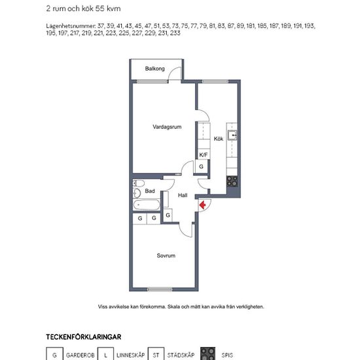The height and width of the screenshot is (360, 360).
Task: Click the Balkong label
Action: [x=154, y=69]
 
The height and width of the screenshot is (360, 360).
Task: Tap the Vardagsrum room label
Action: [x=167, y=127]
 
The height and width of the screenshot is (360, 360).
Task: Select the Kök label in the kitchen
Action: [x=219, y=139]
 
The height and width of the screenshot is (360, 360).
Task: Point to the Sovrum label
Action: [x=166, y=255]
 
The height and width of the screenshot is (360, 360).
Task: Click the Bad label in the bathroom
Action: [x=150, y=191]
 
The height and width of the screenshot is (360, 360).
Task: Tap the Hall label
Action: [x=183, y=195]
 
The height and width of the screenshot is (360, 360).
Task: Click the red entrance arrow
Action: [x=202, y=205]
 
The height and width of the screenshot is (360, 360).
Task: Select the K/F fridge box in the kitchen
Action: [x=203, y=154]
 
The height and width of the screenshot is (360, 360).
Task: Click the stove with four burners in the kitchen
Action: [x=232, y=181]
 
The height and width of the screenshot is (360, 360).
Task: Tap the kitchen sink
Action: [x=232, y=135]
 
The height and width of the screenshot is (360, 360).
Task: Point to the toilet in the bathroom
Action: [x=139, y=183]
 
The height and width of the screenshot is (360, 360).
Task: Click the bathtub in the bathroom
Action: [x=146, y=205]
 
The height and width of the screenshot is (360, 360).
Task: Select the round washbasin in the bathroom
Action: [x=137, y=193]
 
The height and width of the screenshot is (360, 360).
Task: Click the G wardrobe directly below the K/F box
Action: [x=201, y=166]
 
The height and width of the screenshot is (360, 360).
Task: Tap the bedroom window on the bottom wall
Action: [x=160, y=289]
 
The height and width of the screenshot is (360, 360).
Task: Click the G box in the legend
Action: [x=54, y=354]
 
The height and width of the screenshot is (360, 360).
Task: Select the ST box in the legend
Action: [x=156, y=354]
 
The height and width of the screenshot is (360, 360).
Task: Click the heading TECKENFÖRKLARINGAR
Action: [x=84, y=337]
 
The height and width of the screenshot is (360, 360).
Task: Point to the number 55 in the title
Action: [x=100, y=9]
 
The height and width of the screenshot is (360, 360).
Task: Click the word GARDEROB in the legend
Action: [x=81, y=355]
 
